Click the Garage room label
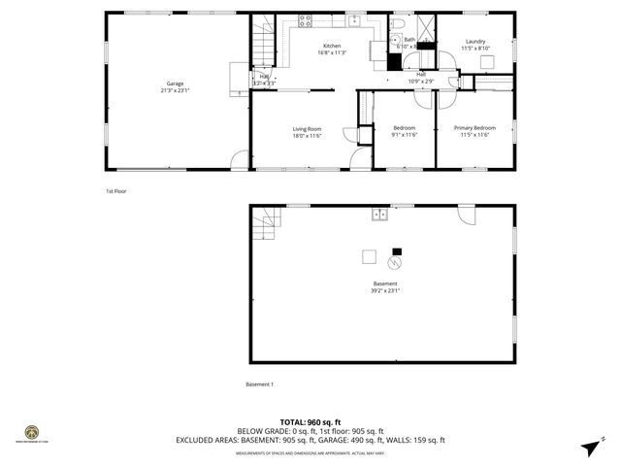tap(175, 87)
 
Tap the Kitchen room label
tap(332, 50)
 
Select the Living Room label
tap(307, 132)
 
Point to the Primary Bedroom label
tap(474, 131)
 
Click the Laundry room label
tap(474, 45)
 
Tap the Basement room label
tap(384, 286)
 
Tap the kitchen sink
tap(355, 19)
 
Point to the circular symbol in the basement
tap(395, 262)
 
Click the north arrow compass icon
tap(589, 446)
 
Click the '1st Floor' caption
tap(116, 191)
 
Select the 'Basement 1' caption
tap(259, 384)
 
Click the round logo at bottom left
tap(32, 432)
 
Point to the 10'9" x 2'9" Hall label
tap(421, 77)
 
